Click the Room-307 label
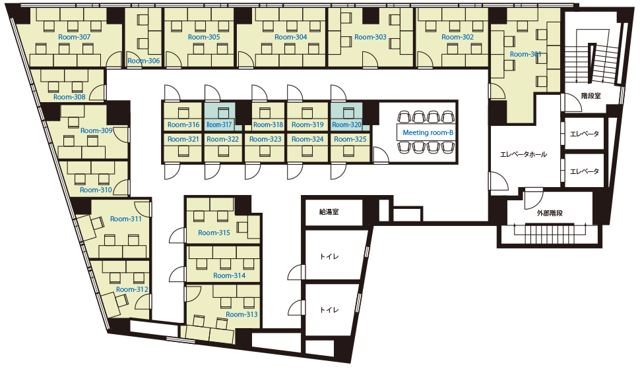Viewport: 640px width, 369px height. coord(75,37)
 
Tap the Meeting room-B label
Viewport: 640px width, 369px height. coord(428,132)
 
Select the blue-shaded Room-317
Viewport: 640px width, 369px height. coord(220,117)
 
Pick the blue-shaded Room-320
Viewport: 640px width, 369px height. coord(347,117)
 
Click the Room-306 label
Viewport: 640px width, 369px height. coord(144,61)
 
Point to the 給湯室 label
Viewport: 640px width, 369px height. coord(329,212)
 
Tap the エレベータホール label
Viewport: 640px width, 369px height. coord(524,155)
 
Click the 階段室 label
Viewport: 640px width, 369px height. coord(591,96)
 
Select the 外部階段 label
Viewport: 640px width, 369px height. coord(550,213)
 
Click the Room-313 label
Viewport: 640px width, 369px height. coord(241,314)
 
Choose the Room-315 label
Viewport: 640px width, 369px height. coord(214,233)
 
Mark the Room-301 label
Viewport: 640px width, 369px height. coord(525,54)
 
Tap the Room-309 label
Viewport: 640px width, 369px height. coord(96,130)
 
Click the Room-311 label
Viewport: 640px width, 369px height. coord(126,219)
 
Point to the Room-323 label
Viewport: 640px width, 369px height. coord(265,139)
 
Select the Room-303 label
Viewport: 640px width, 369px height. coord(370,37)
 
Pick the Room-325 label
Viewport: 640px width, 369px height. coord(350,139)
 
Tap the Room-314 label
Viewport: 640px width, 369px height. coord(230,275)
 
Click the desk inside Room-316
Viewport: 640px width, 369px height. coord(183,112)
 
